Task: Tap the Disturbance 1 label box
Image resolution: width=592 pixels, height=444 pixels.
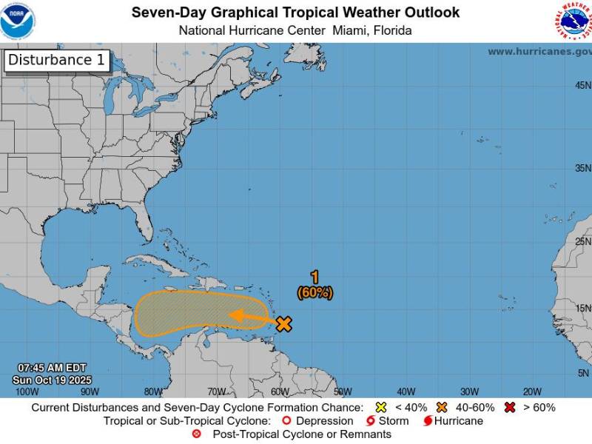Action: (x=57, y=61)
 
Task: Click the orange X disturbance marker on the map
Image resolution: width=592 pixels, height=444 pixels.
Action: (x=283, y=323)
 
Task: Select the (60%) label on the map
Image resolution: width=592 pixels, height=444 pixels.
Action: (x=315, y=293)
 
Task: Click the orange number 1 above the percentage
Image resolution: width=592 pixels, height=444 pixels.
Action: (x=315, y=277)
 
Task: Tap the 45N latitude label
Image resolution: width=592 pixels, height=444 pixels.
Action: (x=582, y=86)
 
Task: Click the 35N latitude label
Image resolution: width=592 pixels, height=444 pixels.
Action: (x=582, y=168)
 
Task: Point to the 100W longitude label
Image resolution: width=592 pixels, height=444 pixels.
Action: (x=27, y=391)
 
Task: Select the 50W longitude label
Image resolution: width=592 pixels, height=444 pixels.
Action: (x=343, y=391)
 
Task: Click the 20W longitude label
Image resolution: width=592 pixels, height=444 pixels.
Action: (x=532, y=391)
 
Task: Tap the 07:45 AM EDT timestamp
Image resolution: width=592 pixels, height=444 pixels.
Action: (x=52, y=368)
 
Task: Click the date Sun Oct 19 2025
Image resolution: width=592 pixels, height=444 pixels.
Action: (x=51, y=380)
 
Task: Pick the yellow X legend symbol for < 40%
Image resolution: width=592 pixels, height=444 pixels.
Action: (x=382, y=408)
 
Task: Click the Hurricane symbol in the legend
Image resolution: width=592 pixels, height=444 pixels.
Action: (x=427, y=421)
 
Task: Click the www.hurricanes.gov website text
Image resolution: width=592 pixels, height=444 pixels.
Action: (x=539, y=52)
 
